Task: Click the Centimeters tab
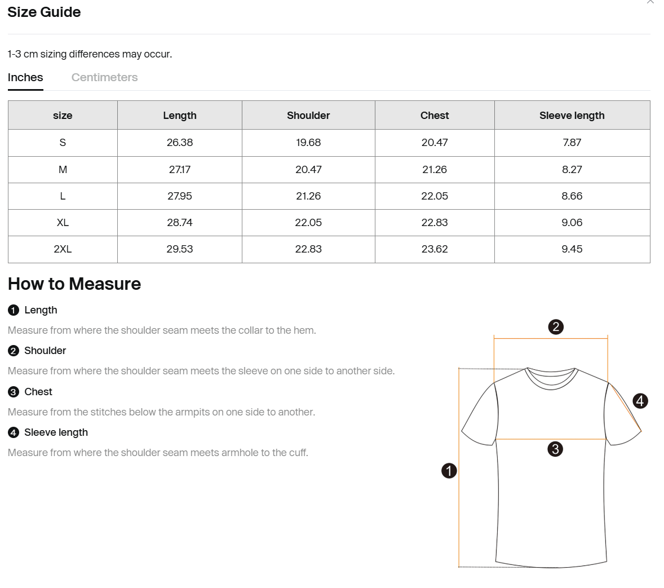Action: pos(104,78)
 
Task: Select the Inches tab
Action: pos(25,78)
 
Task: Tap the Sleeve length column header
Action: pos(572,116)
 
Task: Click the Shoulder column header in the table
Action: pos(308,116)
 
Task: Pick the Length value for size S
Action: pos(180,143)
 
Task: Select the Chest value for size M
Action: pos(435,170)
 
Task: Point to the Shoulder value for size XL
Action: pos(308,223)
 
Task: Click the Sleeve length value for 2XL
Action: pos(572,249)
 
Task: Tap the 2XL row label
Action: pos(63,249)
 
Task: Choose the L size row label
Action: pos(63,196)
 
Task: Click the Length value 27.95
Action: pos(180,196)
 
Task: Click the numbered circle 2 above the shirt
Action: pos(556,327)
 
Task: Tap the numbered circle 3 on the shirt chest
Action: pos(555,449)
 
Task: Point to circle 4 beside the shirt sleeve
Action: pos(640,401)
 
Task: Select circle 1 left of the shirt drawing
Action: pos(449,471)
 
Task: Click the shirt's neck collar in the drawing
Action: pos(552,379)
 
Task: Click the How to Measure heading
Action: pos(74,284)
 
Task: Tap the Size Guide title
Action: pos(44,12)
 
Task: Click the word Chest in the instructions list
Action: pos(38,392)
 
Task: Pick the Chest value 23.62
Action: pos(435,249)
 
